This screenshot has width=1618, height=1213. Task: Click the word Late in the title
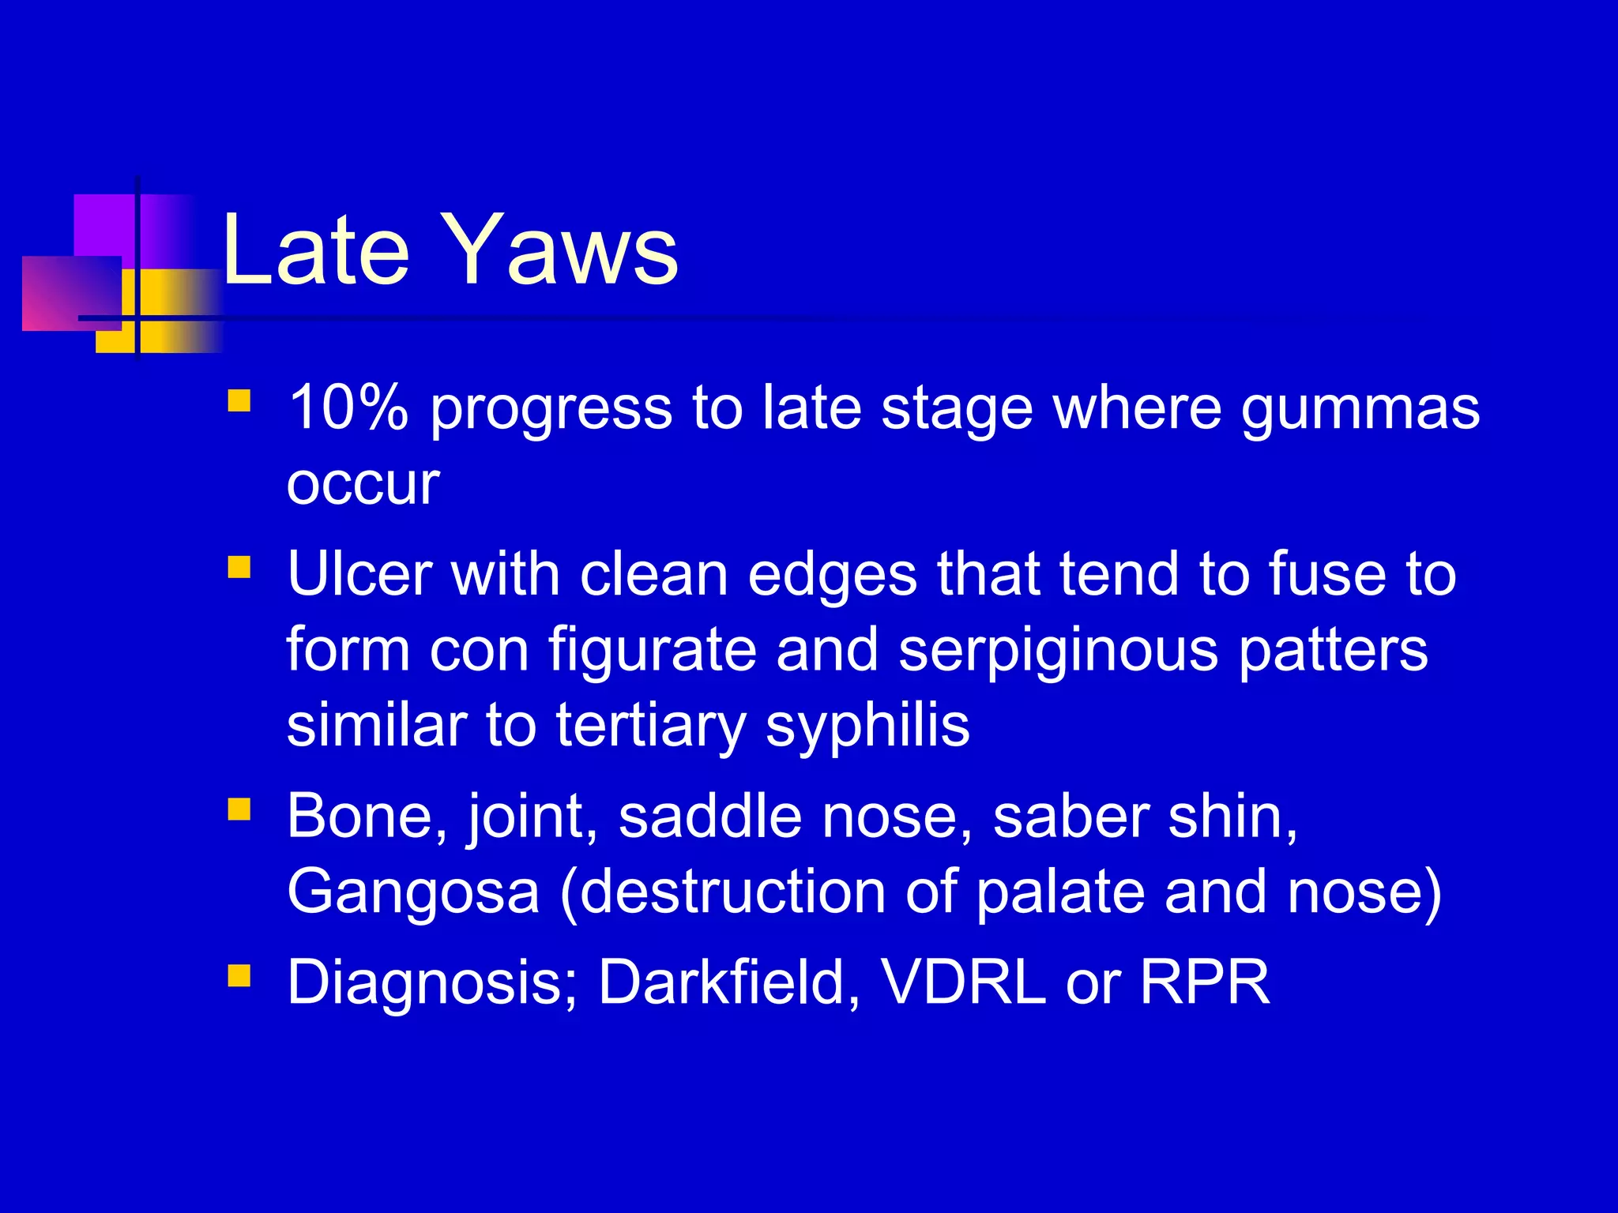pos(316,251)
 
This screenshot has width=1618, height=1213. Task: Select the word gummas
pos(1360,411)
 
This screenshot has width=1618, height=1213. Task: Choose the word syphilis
pos(867,727)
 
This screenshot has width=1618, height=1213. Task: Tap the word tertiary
pos(650,727)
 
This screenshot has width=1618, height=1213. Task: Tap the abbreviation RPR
pos(1205,982)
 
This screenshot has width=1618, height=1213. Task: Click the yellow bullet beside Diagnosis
pos(239,976)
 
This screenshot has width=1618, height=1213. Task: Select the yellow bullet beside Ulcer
pos(239,567)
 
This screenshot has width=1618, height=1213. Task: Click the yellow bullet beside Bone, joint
pos(239,809)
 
